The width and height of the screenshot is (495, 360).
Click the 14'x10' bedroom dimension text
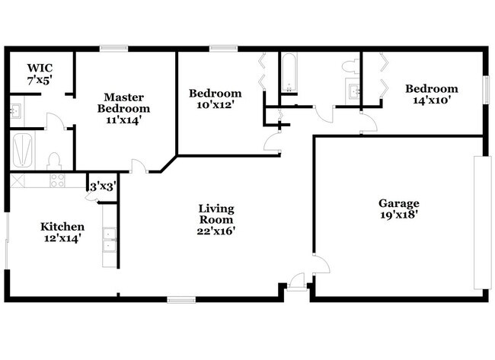click(x=432, y=99)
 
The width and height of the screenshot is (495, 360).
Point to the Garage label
click(x=399, y=203)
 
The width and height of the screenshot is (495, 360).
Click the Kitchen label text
click(x=62, y=227)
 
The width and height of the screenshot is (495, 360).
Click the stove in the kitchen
click(x=56, y=180)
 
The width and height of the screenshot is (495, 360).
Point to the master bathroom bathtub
click(x=22, y=150)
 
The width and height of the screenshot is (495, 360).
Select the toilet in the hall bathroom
click(x=351, y=66)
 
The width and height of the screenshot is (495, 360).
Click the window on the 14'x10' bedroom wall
click(x=484, y=88)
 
